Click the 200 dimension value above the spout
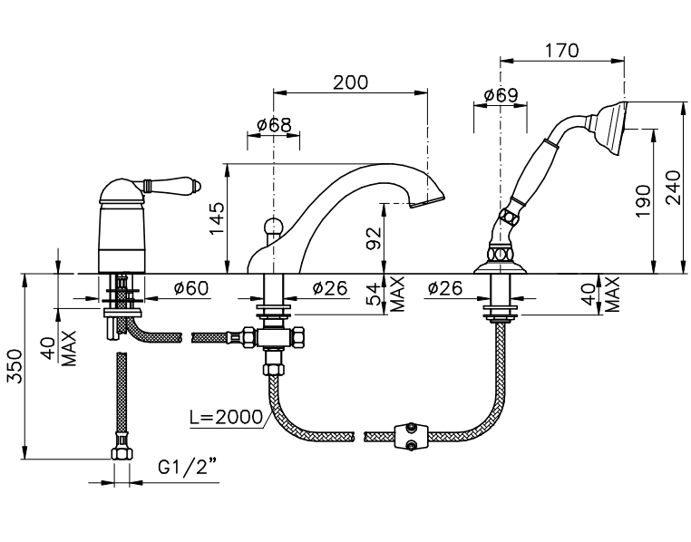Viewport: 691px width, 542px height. [x=350, y=82]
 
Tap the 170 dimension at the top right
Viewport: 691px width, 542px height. [x=561, y=51]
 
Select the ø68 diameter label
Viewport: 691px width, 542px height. [x=274, y=125]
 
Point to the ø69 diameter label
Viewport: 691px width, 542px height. [x=501, y=95]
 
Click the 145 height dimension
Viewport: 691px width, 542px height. [x=217, y=218]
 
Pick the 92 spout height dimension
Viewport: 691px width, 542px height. [x=374, y=238]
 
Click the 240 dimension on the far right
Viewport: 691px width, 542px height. [x=674, y=188]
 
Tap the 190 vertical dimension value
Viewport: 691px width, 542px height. [x=643, y=201]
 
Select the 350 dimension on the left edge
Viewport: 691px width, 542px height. [x=15, y=366]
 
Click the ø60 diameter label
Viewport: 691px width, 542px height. [x=190, y=288]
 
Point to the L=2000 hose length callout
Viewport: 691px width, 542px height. [x=227, y=416]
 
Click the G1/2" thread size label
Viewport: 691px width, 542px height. [x=188, y=467]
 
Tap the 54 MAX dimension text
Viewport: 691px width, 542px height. [x=384, y=295]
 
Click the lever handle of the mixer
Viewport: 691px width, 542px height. [x=171, y=185]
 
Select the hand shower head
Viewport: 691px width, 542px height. [x=607, y=128]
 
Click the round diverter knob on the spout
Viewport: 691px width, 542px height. [x=274, y=227]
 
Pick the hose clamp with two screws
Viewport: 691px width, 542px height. [x=411, y=436]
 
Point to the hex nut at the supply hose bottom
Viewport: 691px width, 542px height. [x=122, y=454]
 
